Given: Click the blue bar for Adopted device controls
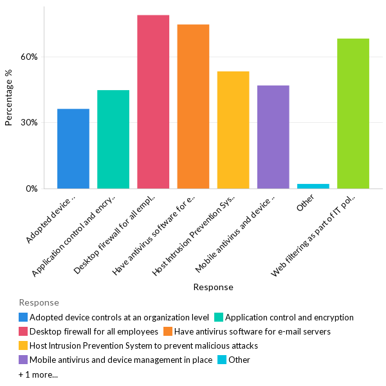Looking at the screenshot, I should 73,149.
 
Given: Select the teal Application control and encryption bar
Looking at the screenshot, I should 113,139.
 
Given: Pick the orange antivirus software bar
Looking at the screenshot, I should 193,106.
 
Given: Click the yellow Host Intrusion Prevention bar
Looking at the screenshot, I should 233,130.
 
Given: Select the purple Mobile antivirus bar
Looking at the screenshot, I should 273,137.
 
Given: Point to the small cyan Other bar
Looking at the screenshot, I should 313,186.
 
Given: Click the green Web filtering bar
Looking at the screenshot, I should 353,113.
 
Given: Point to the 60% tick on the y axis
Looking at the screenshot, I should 30,57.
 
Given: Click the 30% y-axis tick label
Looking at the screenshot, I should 30,123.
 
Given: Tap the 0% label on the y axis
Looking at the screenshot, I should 32,189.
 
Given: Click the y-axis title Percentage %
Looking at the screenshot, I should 9,97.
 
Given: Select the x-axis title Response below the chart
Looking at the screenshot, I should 213,287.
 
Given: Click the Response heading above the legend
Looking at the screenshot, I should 39,302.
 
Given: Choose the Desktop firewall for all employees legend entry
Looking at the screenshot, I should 94,331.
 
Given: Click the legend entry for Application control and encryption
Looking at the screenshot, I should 289,317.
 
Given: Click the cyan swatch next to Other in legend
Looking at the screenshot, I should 222,360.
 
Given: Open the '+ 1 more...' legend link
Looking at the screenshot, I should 38,374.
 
